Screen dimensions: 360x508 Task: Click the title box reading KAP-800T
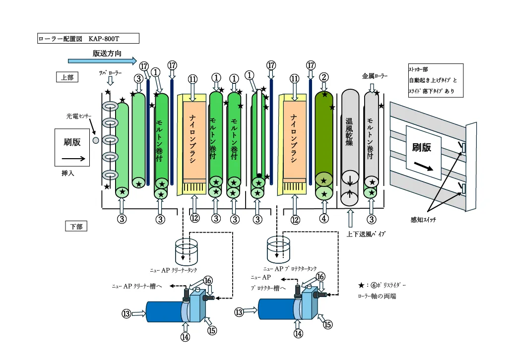tap(88, 38)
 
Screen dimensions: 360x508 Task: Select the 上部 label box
tap(67, 77)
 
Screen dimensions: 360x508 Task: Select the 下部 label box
tap(76, 226)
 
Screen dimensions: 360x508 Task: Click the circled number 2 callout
tap(324, 77)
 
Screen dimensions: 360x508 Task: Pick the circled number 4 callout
tap(324, 218)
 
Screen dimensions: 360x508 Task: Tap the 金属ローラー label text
tap(375, 76)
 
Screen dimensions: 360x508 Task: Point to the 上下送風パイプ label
tap(366, 234)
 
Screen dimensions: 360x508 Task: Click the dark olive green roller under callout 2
tap(324, 134)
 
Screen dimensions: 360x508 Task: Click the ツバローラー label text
tap(110, 73)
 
